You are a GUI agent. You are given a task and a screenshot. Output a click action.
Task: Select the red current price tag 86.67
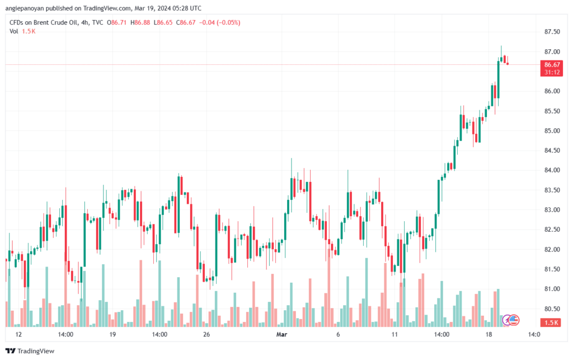click(552, 65)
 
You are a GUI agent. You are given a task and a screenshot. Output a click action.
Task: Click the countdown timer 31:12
click(552, 72)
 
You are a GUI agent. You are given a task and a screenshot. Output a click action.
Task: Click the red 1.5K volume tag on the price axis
click(552, 322)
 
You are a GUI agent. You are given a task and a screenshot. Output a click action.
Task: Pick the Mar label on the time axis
click(283, 335)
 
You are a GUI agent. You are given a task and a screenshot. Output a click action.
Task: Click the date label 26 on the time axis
click(206, 335)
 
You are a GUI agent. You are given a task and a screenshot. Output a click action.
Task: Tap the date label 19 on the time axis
click(112, 335)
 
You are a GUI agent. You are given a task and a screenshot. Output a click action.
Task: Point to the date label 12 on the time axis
click(18, 335)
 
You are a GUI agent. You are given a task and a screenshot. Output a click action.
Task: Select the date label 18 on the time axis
click(489, 335)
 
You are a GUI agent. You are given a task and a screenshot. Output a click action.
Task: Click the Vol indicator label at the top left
click(15, 31)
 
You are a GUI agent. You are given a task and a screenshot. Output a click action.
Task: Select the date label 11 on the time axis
click(394, 335)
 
